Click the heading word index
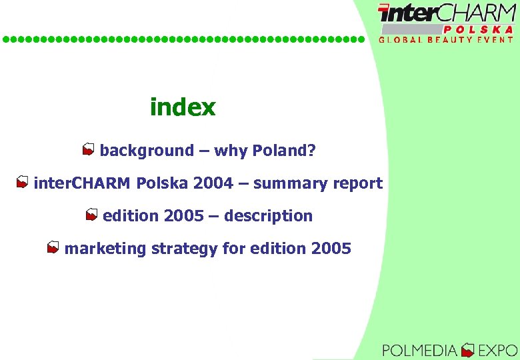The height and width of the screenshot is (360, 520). click(x=183, y=107)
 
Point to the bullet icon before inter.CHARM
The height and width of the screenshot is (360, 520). click(x=22, y=183)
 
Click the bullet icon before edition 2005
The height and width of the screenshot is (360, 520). click(x=91, y=215)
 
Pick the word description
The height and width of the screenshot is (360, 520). click(x=269, y=216)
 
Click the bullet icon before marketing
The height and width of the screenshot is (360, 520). click(x=53, y=248)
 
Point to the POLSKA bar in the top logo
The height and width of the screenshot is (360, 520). click(x=479, y=29)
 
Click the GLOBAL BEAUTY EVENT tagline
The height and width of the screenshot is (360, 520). click(x=447, y=39)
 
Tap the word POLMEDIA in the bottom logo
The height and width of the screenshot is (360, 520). click(x=420, y=349)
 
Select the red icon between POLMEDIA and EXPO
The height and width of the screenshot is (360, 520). click(x=468, y=349)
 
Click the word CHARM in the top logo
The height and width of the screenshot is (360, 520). click(x=476, y=13)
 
